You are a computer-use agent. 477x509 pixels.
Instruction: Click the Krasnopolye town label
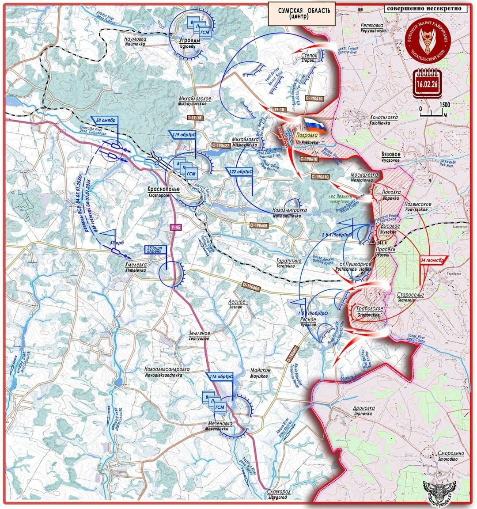[163, 190]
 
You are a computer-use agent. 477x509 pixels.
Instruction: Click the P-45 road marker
[176, 227]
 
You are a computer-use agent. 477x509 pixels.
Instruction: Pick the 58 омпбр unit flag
[106, 121]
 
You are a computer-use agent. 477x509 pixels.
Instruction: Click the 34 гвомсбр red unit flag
[434, 261]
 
